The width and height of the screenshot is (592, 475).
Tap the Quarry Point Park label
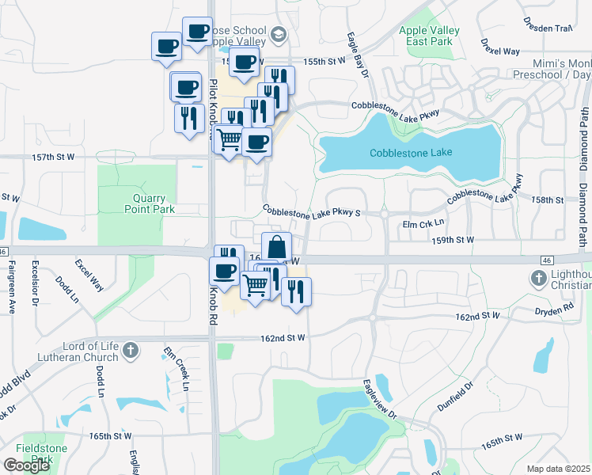coord(150,203)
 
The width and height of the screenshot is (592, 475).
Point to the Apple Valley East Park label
coord(430,35)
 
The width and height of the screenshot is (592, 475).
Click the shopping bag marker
coord(276,246)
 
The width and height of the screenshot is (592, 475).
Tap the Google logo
coord(26,465)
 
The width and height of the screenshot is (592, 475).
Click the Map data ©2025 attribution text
coord(559,469)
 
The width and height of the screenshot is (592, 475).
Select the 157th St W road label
coord(54,157)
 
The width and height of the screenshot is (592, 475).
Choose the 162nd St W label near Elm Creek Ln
coord(283,338)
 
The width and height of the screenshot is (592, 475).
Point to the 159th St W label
coord(453,239)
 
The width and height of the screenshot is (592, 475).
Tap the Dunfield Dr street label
coord(455,396)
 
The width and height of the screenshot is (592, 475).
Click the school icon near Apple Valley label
coord(278,34)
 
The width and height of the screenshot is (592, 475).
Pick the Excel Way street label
coord(89,271)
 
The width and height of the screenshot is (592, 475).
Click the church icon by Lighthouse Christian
coord(539,278)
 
